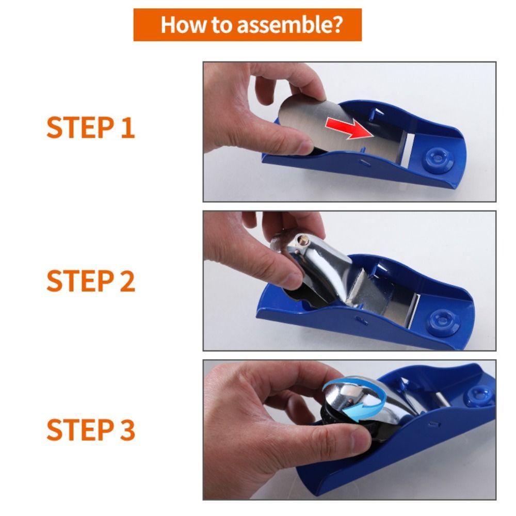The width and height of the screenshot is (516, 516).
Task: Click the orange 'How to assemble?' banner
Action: pos(247,25)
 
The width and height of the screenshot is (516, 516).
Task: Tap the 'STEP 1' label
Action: pos(90,128)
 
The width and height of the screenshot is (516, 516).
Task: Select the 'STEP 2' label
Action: pos(90,281)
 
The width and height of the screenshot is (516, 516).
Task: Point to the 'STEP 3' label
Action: pos(90,430)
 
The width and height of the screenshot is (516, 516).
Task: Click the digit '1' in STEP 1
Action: pos(127,128)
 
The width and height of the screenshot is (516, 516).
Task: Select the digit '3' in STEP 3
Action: pos(126,430)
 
